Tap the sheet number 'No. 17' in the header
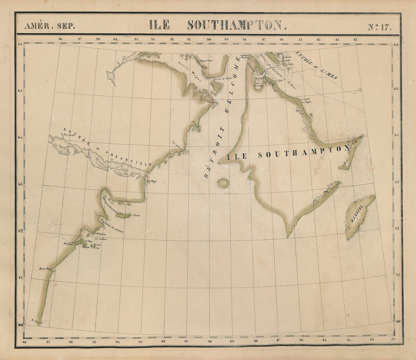(379, 26)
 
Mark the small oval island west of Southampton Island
(223, 183)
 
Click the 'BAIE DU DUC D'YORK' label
(259, 80)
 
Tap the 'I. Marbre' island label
(135, 216)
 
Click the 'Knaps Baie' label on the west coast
(44, 269)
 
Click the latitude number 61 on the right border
(397, 275)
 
